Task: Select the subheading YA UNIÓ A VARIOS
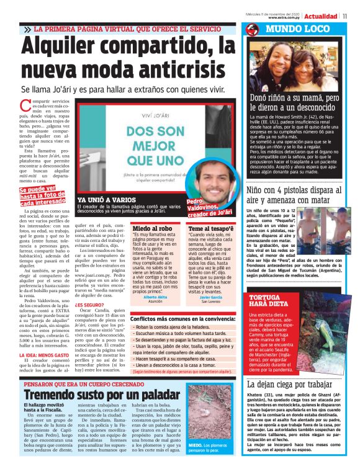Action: [x=103, y=200]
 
